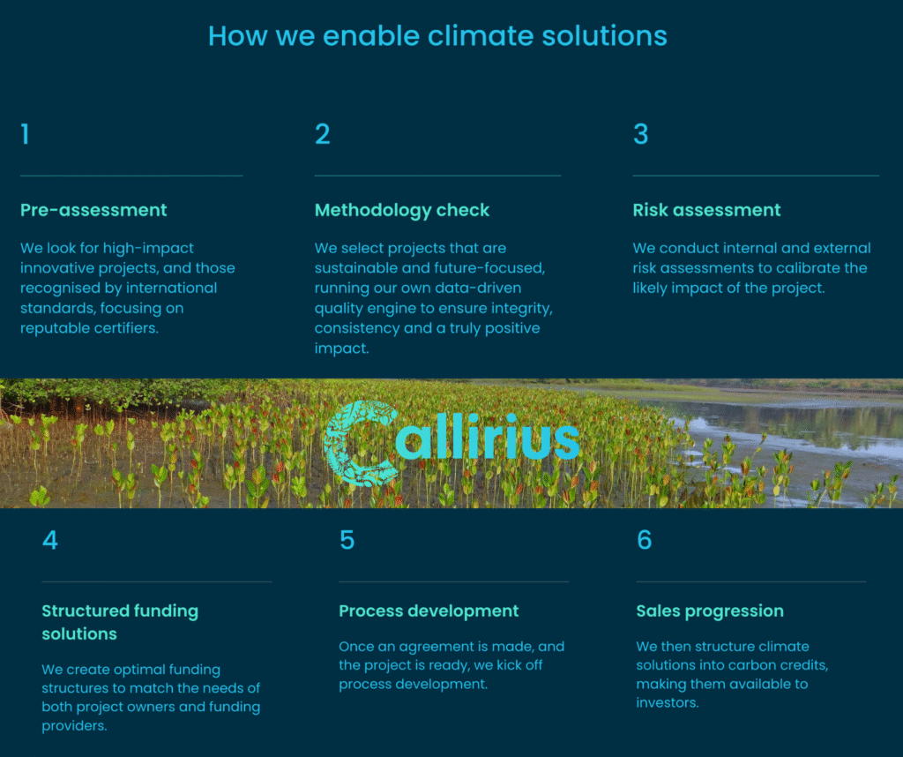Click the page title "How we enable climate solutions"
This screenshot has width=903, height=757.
coord(437,35)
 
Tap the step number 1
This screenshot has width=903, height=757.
coord(25,133)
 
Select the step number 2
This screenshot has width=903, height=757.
coord(323,133)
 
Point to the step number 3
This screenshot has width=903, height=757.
coord(640,133)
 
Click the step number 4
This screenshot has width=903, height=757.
coord(50,540)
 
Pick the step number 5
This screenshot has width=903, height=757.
coord(347,540)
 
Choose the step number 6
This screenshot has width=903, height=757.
coord(644,540)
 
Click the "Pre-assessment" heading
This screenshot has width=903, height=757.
coord(93,210)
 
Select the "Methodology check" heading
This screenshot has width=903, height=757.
coord(402,210)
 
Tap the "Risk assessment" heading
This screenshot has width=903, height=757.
coord(706,210)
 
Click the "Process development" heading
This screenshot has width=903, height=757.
coord(429,611)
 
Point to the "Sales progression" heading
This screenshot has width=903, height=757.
coord(710,611)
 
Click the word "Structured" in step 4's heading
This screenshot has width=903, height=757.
coord(84,611)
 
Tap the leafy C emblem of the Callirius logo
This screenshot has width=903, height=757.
coord(361,442)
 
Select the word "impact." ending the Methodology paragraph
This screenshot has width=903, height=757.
coord(341,349)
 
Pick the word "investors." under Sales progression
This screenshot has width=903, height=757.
coord(668,703)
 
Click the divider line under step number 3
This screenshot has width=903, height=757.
coord(756,176)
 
